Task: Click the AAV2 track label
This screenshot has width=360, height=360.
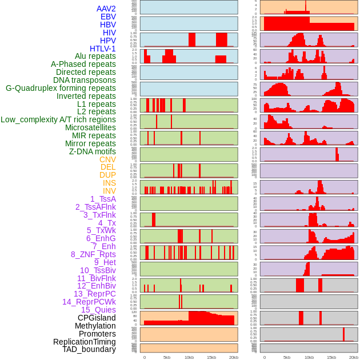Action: [106, 9]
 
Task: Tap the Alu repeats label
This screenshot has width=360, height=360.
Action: [95, 57]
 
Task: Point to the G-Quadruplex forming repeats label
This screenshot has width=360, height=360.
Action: [61, 88]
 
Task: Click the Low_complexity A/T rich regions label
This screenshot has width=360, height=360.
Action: [58, 119]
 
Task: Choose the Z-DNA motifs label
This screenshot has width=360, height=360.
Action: [92, 151]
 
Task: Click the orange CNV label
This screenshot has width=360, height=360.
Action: [107, 159]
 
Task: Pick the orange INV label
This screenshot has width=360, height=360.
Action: [109, 191]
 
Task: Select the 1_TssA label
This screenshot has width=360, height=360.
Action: [103, 199]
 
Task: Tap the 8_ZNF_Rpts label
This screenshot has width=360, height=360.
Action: [93, 254]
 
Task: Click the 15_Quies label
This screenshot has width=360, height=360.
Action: [98, 310]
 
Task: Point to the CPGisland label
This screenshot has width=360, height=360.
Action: [97, 318]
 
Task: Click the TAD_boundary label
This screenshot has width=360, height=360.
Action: [89, 349]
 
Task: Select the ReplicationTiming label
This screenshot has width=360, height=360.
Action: [84, 342]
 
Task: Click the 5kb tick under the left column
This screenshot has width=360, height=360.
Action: [167, 357]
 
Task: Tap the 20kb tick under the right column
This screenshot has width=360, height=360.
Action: [353, 357]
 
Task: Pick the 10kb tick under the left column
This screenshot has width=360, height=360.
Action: [189, 357]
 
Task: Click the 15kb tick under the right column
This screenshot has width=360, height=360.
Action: [331, 357]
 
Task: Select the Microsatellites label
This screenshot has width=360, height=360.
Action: [90, 127]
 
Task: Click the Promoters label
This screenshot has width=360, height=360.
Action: [97, 334]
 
